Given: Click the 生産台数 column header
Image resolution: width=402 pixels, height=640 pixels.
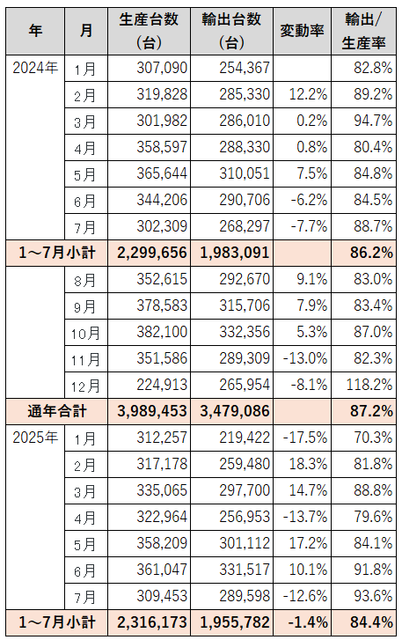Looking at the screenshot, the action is pyautogui.click(x=149, y=31).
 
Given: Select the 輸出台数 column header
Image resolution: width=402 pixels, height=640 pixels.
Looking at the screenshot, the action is pyautogui.click(x=231, y=31).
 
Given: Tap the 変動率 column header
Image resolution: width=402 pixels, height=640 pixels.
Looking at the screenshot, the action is pyautogui.click(x=302, y=31).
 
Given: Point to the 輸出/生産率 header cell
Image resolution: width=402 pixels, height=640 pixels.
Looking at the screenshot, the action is pyautogui.click(x=363, y=31).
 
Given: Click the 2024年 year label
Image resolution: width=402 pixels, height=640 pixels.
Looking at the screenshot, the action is pyautogui.click(x=35, y=68).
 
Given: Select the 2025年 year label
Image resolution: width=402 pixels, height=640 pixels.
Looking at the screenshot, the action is pyautogui.click(x=35, y=438).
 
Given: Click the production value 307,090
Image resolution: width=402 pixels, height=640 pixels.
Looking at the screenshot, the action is pyautogui.click(x=162, y=68).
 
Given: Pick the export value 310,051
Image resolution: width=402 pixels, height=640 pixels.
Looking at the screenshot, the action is pyautogui.click(x=245, y=173).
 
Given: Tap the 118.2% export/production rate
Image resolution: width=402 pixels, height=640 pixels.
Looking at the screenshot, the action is pyautogui.click(x=369, y=385).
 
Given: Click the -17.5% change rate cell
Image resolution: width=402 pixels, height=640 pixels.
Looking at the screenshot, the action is pyautogui.click(x=305, y=438).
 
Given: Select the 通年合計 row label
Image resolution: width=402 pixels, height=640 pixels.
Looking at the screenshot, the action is pyautogui.click(x=57, y=411).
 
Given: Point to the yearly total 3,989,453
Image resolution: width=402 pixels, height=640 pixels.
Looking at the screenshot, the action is pyautogui.click(x=152, y=411).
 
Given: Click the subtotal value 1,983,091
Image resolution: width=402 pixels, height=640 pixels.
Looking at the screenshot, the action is pyautogui.click(x=235, y=253).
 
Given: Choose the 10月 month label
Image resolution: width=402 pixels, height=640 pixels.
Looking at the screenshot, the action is pyautogui.click(x=85, y=332).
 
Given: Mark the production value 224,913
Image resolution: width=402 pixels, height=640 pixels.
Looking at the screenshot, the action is pyautogui.click(x=162, y=385).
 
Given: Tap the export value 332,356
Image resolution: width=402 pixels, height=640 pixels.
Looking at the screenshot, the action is pyautogui.click(x=245, y=332).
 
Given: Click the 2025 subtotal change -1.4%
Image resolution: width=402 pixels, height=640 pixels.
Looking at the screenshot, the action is pyautogui.click(x=307, y=622).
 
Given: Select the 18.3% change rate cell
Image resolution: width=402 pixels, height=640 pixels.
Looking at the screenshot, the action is pyautogui.click(x=308, y=464).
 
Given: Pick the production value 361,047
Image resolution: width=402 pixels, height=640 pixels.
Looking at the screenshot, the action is pyautogui.click(x=162, y=570).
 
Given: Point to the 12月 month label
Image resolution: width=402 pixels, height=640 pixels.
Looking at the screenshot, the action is pyautogui.click(x=85, y=386).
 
